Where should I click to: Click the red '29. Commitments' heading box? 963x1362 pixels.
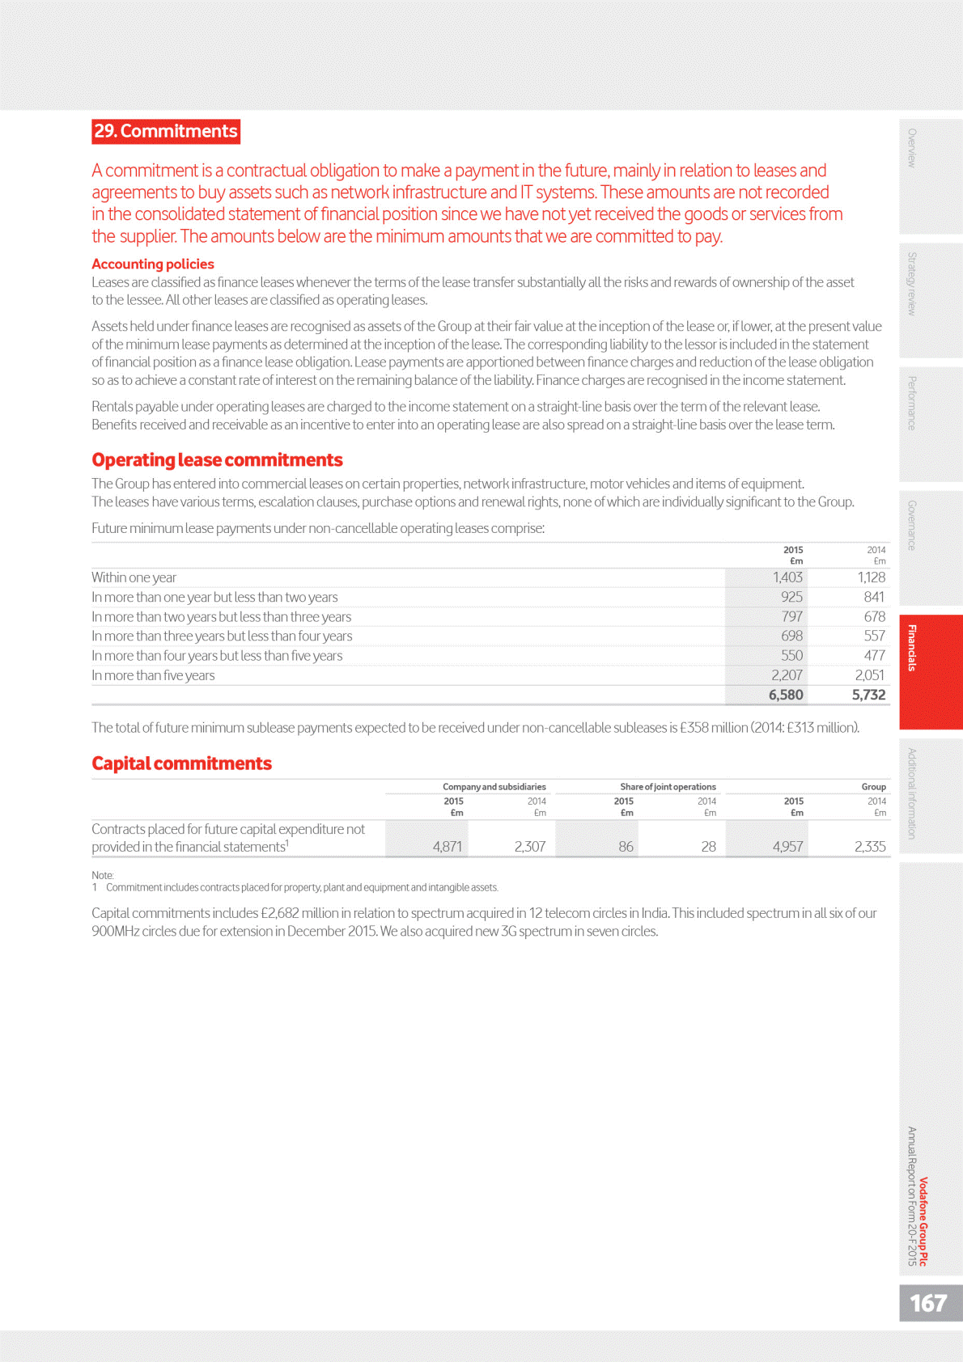[x=166, y=131]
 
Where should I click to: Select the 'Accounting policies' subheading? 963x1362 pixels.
[x=153, y=264]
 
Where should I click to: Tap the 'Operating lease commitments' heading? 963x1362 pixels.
[x=217, y=459]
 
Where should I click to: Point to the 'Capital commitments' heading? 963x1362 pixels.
[x=181, y=763]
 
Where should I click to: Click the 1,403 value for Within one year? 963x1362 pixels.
[x=787, y=577]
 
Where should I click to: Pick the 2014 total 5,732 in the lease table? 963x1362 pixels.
[x=868, y=695]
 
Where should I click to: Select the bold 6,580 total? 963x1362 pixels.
[x=785, y=695]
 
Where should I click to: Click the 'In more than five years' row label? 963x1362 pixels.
[x=153, y=675]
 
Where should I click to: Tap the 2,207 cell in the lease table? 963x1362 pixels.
[x=786, y=675]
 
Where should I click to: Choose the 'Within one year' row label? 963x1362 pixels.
[x=134, y=577]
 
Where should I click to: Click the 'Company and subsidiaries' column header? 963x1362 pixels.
[x=494, y=787]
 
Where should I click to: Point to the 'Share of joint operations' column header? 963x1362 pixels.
[x=668, y=787]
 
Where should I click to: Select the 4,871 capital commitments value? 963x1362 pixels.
[x=447, y=847]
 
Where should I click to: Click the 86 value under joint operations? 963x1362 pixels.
[x=626, y=847]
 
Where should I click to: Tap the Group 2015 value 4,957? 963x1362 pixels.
[x=787, y=847]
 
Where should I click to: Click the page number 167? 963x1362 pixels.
[x=928, y=1303]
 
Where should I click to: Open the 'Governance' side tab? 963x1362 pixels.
[x=912, y=526]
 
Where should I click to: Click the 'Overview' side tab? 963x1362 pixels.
[x=912, y=148]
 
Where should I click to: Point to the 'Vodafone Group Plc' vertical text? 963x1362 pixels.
[x=923, y=1221]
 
